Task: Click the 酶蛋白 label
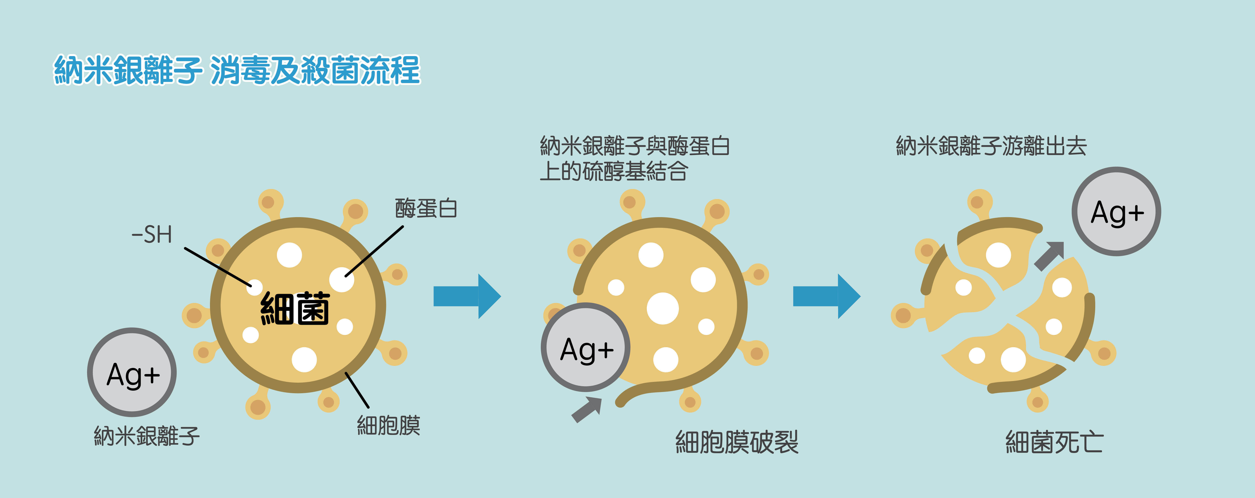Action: click(x=426, y=209)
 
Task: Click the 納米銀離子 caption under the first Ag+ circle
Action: click(x=147, y=436)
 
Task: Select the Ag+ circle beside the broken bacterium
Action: click(x=1116, y=212)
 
